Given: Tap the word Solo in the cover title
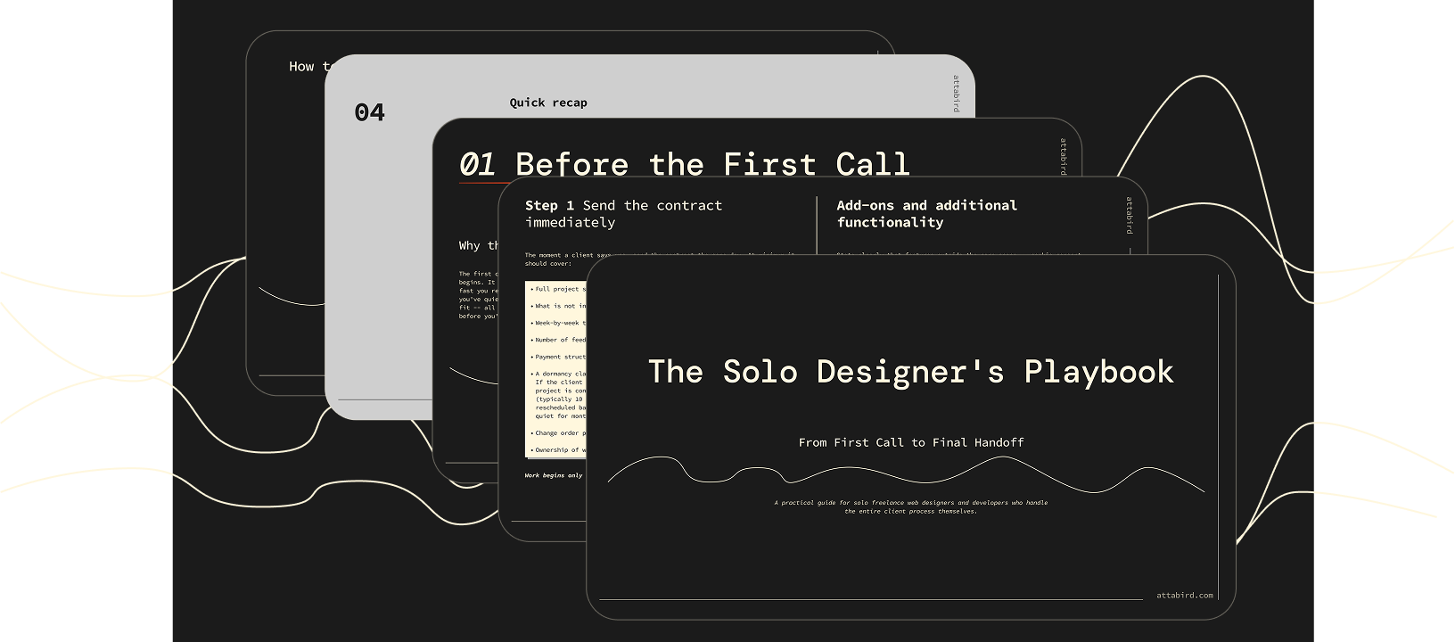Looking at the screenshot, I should pyautogui.click(x=760, y=372).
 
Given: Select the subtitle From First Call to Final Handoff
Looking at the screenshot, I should pyautogui.click(x=910, y=442).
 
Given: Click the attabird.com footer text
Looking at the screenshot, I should pyautogui.click(x=1184, y=595).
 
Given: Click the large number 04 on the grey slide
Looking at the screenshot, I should pyautogui.click(x=369, y=112).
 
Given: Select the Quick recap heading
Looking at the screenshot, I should pyautogui.click(x=548, y=103).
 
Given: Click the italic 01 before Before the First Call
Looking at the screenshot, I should pyautogui.click(x=477, y=164).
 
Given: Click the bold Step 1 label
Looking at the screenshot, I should pyautogui.click(x=549, y=205).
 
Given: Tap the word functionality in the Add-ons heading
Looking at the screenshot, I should pyautogui.click(x=890, y=222).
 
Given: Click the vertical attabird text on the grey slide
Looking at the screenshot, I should pyautogui.click(x=957, y=93).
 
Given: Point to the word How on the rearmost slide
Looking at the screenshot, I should pyautogui.click(x=301, y=66).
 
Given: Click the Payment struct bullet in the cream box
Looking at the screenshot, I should pyautogui.click(x=560, y=357).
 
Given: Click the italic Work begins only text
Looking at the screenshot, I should pyautogui.click(x=554, y=475).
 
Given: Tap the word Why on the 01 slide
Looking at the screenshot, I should pyautogui.click(x=469, y=245).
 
